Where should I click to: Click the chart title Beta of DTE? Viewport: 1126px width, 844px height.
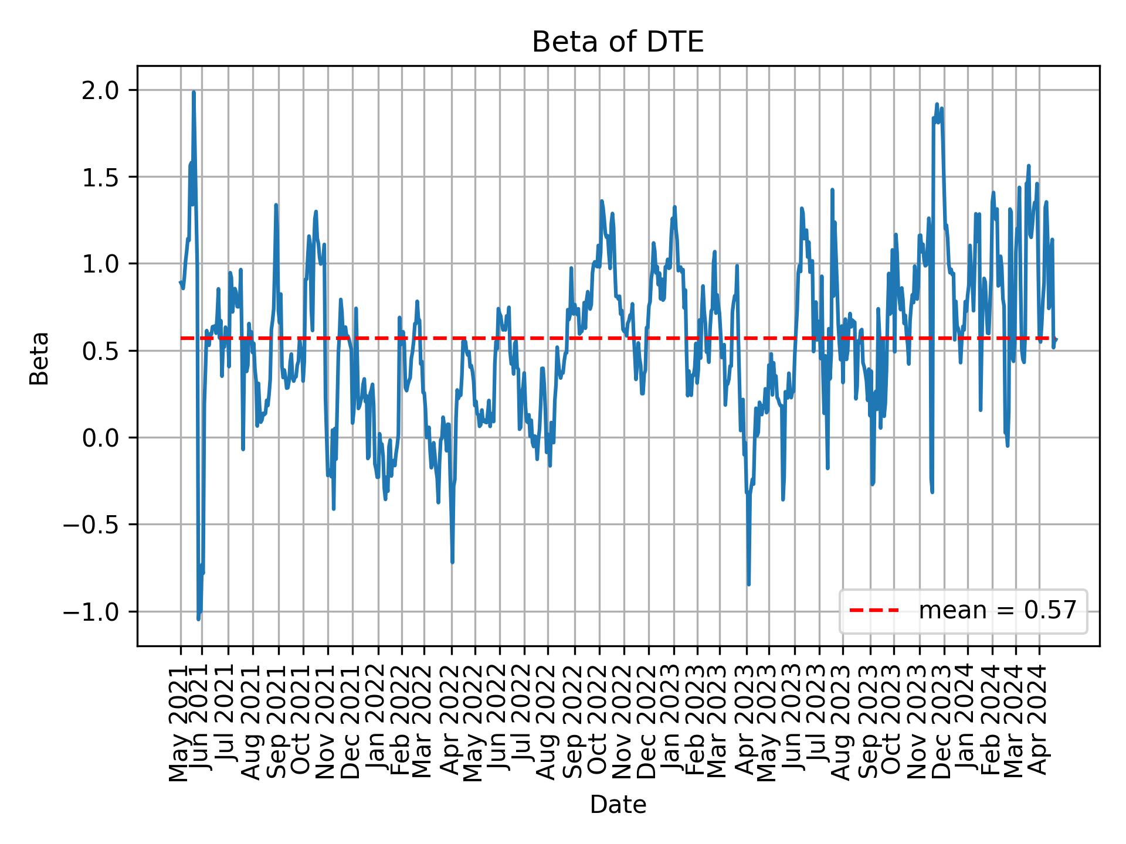[618, 43]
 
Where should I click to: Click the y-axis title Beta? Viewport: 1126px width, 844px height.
[39, 358]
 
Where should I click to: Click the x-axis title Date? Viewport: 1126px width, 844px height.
[618, 805]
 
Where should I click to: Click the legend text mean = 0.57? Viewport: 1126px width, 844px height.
[997, 611]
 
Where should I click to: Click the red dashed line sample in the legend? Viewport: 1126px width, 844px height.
[874, 611]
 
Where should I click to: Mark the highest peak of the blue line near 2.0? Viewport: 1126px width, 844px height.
[194, 93]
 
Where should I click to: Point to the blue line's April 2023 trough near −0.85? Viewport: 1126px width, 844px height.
[748, 584]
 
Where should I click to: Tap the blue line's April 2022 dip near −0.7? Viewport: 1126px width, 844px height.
[452, 561]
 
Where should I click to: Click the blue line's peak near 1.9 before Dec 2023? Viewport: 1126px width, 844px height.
[937, 105]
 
